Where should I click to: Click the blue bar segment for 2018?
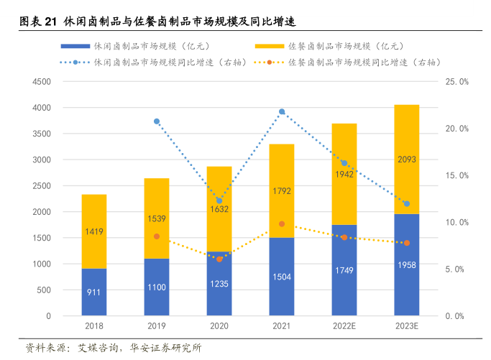[93, 292]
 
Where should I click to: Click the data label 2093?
[407, 160]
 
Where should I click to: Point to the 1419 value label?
[93, 232]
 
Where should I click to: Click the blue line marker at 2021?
[282, 111]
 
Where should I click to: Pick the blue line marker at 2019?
[157, 121]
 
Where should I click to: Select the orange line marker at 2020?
[219, 259]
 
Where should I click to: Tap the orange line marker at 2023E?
[407, 243]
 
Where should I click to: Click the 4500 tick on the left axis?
[41, 82]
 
